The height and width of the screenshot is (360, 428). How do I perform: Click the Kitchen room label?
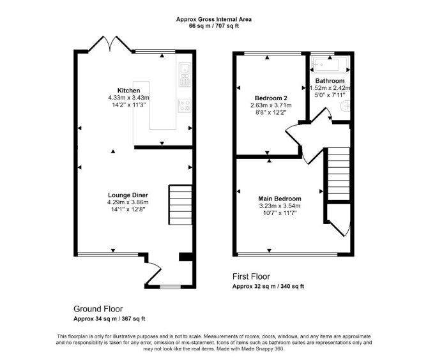tap(128, 91)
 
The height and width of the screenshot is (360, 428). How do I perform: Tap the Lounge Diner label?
tap(128, 195)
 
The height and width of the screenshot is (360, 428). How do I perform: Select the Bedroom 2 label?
tap(271, 98)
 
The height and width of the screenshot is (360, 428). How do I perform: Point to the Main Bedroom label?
tap(280, 199)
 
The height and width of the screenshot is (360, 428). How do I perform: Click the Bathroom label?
tap(330, 80)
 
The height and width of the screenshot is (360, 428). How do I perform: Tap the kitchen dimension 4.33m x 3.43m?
tap(128, 98)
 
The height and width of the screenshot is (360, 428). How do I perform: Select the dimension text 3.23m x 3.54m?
tap(280, 206)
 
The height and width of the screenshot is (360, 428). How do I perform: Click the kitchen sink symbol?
tap(185, 74)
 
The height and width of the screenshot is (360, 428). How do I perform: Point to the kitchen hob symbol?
tap(185, 105)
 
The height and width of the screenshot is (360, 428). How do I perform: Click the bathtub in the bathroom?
tap(330, 65)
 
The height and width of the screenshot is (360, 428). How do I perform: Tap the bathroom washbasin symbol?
tap(346, 106)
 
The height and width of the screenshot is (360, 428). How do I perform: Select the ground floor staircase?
tap(180, 205)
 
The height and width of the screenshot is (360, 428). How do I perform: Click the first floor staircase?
tap(339, 174)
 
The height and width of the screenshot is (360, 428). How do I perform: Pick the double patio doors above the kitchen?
tap(110, 43)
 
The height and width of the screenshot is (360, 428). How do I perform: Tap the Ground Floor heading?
tap(98, 309)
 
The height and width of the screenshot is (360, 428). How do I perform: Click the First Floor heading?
tap(251, 276)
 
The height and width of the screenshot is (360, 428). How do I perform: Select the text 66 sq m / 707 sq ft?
tap(214, 26)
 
